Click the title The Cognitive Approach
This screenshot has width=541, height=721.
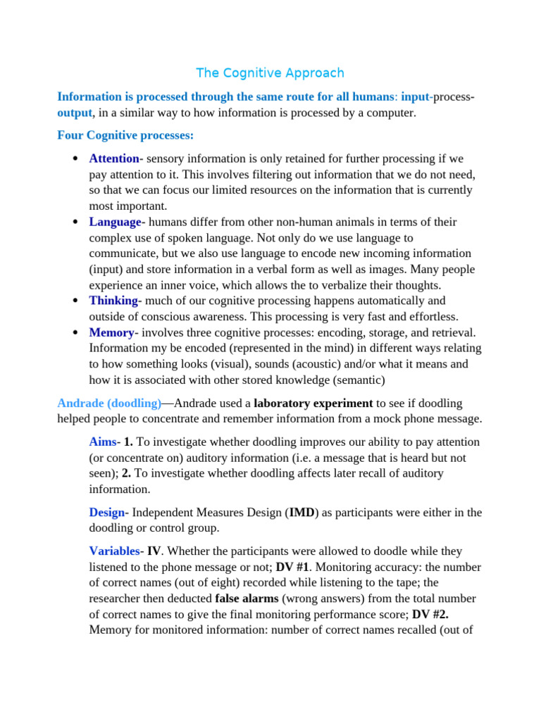pyautogui.click(x=270, y=73)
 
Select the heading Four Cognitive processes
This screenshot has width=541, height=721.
pyautogui.click(x=125, y=134)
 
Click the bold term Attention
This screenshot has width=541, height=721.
pyautogui.click(x=114, y=158)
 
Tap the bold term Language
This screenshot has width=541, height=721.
pyautogui.click(x=115, y=222)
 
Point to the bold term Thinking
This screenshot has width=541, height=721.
pyautogui.click(x=114, y=301)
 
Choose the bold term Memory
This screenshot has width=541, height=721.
pyautogui.click(x=111, y=332)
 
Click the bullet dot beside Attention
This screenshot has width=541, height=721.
pyautogui.click(x=75, y=159)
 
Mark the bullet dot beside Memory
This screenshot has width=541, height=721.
pyautogui.click(x=75, y=333)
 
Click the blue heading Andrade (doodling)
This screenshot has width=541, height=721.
pyautogui.click(x=109, y=403)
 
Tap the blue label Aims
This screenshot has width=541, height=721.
pyautogui.click(x=103, y=441)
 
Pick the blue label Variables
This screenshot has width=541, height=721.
pyautogui.click(x=115, y=551)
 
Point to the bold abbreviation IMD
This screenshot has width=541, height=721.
pyautogui.click(x=303, y=513)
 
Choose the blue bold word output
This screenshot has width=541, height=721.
pyautogui.click(x=75, y=113)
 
